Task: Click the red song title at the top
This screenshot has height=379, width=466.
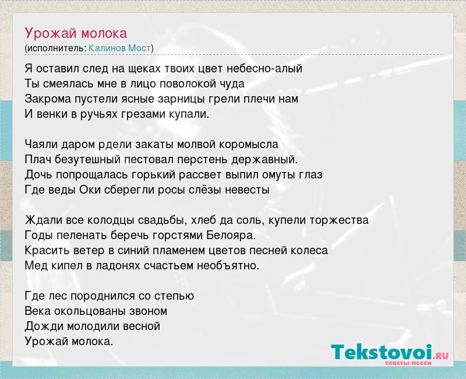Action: pos(76,34)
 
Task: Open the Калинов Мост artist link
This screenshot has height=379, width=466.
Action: pos(120,48)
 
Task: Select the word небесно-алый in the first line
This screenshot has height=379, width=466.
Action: pos(264,68)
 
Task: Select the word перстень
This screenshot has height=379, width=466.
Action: pos(202,160)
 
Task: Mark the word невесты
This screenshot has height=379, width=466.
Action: pos(247,190)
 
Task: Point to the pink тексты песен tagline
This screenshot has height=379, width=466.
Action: pos(408,363)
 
